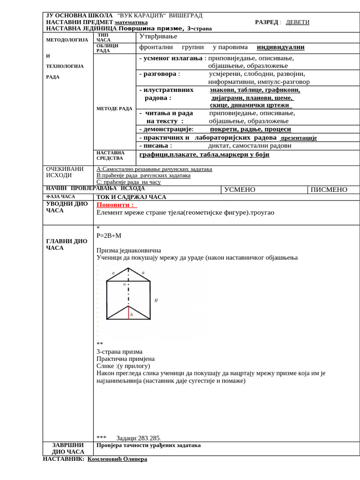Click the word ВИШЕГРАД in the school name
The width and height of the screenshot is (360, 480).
pos(186,15)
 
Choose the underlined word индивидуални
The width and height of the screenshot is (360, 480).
pos(281,47)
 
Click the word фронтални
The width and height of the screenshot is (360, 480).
pos(156,47)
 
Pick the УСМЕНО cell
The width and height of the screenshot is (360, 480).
pos(240,189)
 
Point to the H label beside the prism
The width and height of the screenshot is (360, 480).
pos(156,300)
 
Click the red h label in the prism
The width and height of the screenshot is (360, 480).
pos(132,315)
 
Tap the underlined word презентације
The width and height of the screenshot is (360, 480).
pos(298,138)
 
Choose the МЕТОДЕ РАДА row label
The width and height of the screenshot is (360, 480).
pos(114,108)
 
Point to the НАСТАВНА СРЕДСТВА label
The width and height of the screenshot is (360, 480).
pos(110,156)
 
